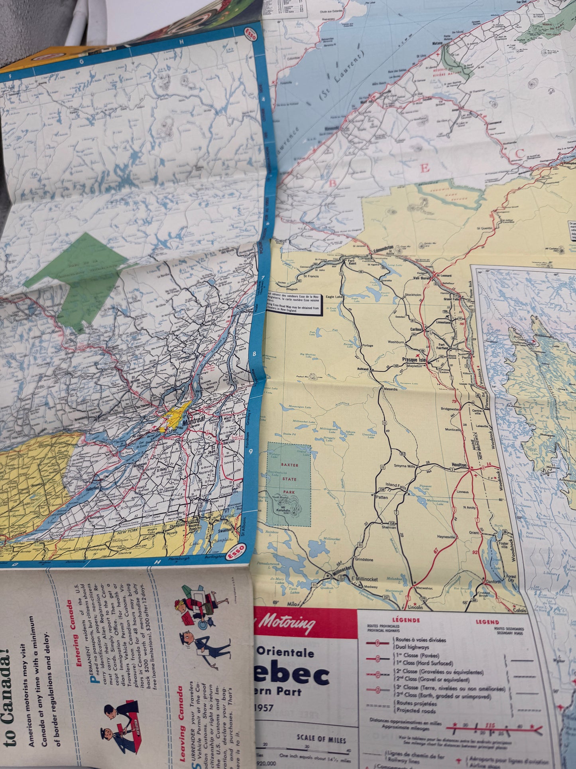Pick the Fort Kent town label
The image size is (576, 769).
(x=351, y=263)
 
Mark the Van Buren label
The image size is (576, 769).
(x=422, y=278)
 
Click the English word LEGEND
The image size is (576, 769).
(x=487, y=622)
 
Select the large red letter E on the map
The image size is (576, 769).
(x=425, y=168)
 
